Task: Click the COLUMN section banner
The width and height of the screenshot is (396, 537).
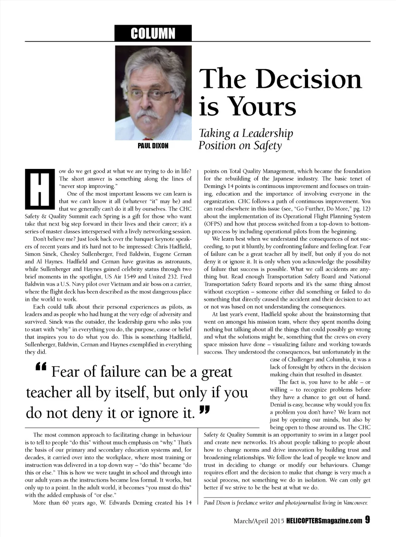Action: pos(153,33)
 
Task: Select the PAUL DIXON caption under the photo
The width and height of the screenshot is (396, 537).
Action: pos(153,146)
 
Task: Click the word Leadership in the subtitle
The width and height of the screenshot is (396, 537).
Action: pos(268,133)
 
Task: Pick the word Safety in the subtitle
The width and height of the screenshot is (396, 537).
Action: pos(268,146)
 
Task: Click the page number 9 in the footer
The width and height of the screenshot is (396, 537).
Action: pos(367,520)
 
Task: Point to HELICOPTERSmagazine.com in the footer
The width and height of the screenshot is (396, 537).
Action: pos(324,520)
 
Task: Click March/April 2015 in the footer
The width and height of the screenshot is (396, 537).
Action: pos(259,520)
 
